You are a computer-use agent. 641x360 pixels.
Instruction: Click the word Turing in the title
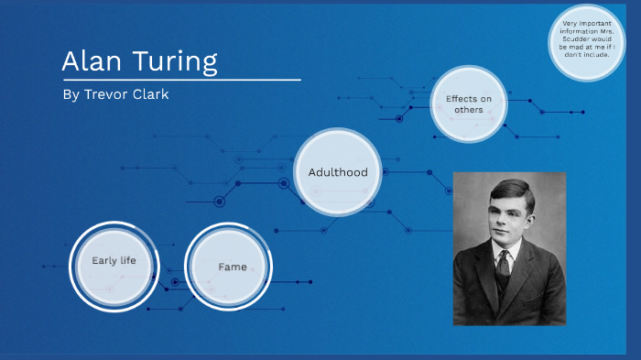tap(174, 62)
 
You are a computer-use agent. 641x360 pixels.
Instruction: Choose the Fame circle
tap(232, 267)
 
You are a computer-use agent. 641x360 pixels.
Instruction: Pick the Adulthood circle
tap(338, 172)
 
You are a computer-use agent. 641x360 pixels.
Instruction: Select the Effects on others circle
tap(469, 104)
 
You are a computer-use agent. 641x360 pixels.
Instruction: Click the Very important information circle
tap(586, 41)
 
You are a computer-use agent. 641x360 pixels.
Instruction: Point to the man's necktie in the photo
tap(502, 267)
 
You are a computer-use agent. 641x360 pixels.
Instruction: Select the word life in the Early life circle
tap(126, 261)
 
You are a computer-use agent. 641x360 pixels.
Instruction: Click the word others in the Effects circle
tap(469, 110)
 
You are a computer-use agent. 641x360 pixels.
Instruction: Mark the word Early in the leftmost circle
tap(103, 261)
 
